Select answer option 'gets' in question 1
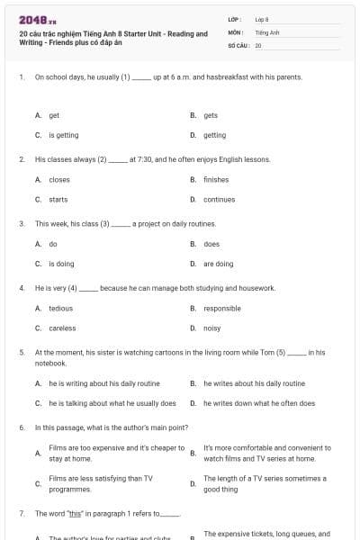[x=211, y=115]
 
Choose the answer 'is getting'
[x=63, y=135]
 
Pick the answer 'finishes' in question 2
[x=216, y=179]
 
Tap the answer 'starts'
[x=58, y=199]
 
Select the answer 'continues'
[x=219, y=199]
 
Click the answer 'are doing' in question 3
[x=218, y=264]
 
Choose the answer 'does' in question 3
[x=211, y=244]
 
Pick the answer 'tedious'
[x=60, y=308]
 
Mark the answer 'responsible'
[x=221, y=308]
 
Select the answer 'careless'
[x=62, y=328]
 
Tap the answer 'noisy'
[x=212, y=328]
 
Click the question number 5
[x=21, y=353]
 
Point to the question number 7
[x=21, y=513]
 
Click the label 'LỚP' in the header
[x=234, y=18]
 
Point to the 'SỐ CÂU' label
[x=238, y=44]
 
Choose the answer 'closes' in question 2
[x=59, y=179]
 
